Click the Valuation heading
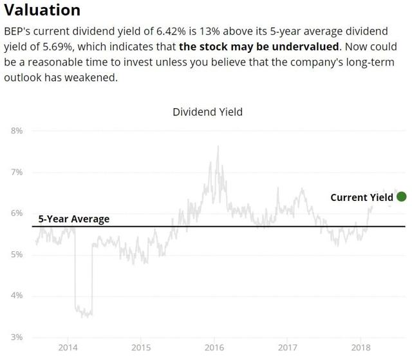(42, 10)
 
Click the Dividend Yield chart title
(207, 112)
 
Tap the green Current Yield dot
(401, 196)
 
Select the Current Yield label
(362, 197)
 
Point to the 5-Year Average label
(74, 219)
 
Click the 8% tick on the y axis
(17, 131)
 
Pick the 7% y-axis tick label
(17, 172)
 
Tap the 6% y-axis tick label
(17, 213)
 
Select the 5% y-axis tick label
(17, 254)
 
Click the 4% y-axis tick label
(17, 296)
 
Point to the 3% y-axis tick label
(17, 337)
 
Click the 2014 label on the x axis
(68, 348)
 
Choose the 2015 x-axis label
(141, 348)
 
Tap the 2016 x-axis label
(214, 348)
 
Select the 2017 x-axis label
(288, 348)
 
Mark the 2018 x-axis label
(361, 348)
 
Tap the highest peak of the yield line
(218, 146)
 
